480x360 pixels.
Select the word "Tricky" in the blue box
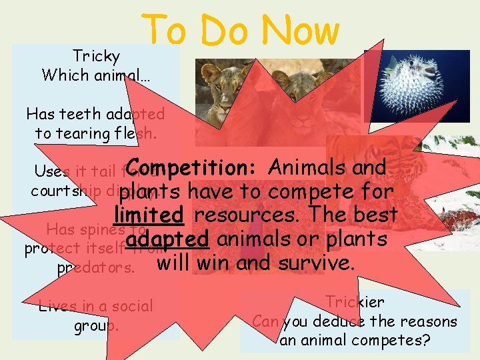(x=96, y=56)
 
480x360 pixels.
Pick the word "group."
(x=97, y=327)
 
